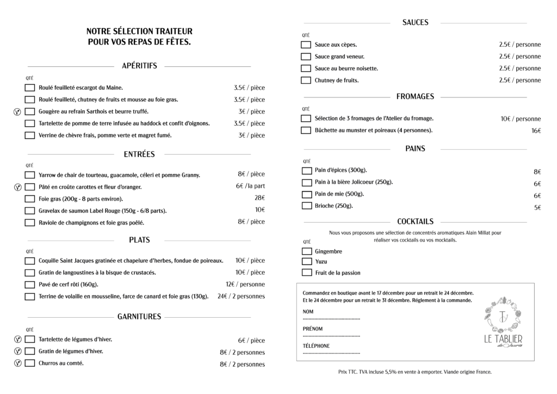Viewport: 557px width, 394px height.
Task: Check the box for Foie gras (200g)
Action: tap(30, 199)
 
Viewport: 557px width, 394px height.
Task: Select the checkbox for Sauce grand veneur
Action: tap(306, 57)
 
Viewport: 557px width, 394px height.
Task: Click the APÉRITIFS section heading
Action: tap(139, 66)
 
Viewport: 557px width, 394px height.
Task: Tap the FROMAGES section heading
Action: tap(415, 96)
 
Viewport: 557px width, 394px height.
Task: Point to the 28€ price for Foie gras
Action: tap(259, 198)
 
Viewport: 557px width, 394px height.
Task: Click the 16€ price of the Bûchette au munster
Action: tap(536, 131)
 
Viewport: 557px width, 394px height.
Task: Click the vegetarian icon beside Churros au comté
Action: tap(17, 363)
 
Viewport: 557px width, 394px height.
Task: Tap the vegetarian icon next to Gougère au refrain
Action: tap(17, 112)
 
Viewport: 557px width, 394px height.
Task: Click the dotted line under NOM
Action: tap(331, 318)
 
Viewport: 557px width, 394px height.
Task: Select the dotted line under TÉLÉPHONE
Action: tap(331, 353)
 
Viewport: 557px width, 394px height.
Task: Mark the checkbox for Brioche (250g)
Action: tap(306, 206)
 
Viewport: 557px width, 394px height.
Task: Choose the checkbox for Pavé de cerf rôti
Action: tap(30, 285)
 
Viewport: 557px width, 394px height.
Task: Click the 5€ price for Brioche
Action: tap(537, 207)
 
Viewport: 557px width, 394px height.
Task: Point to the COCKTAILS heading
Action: tap(415, 221)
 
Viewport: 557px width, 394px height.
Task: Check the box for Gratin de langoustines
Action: tap(30, 273)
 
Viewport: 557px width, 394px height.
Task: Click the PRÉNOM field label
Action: tap(312, 329)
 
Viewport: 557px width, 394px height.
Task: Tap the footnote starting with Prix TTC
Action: tap(414, 372)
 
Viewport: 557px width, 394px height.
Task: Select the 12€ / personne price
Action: tap(245, 284)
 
